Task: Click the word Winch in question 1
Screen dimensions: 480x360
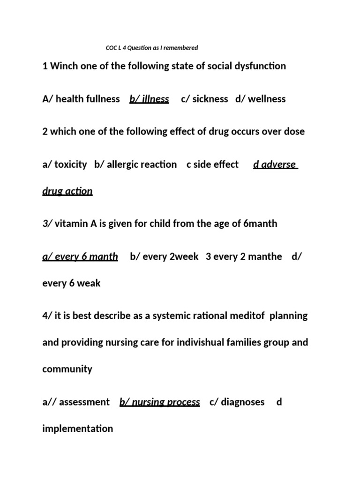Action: click(64, 66)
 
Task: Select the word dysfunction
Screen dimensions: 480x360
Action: click(259, 66)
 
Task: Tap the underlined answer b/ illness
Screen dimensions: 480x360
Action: click(149, 99)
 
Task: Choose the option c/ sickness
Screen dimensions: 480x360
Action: click(204, 99)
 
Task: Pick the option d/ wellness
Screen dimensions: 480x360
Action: click(261, 99)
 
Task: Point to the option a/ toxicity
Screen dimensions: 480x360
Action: click(65, 165)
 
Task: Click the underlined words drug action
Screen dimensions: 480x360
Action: click(67, 191)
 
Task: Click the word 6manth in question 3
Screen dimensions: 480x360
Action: click(261, 224)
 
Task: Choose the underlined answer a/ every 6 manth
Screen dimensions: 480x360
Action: click(80, 256)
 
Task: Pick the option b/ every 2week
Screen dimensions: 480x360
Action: click(164, 256)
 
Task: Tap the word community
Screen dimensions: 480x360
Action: click(67, 369)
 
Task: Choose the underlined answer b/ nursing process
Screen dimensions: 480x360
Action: click(160, 402)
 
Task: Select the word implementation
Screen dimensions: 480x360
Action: click(78, 428)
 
